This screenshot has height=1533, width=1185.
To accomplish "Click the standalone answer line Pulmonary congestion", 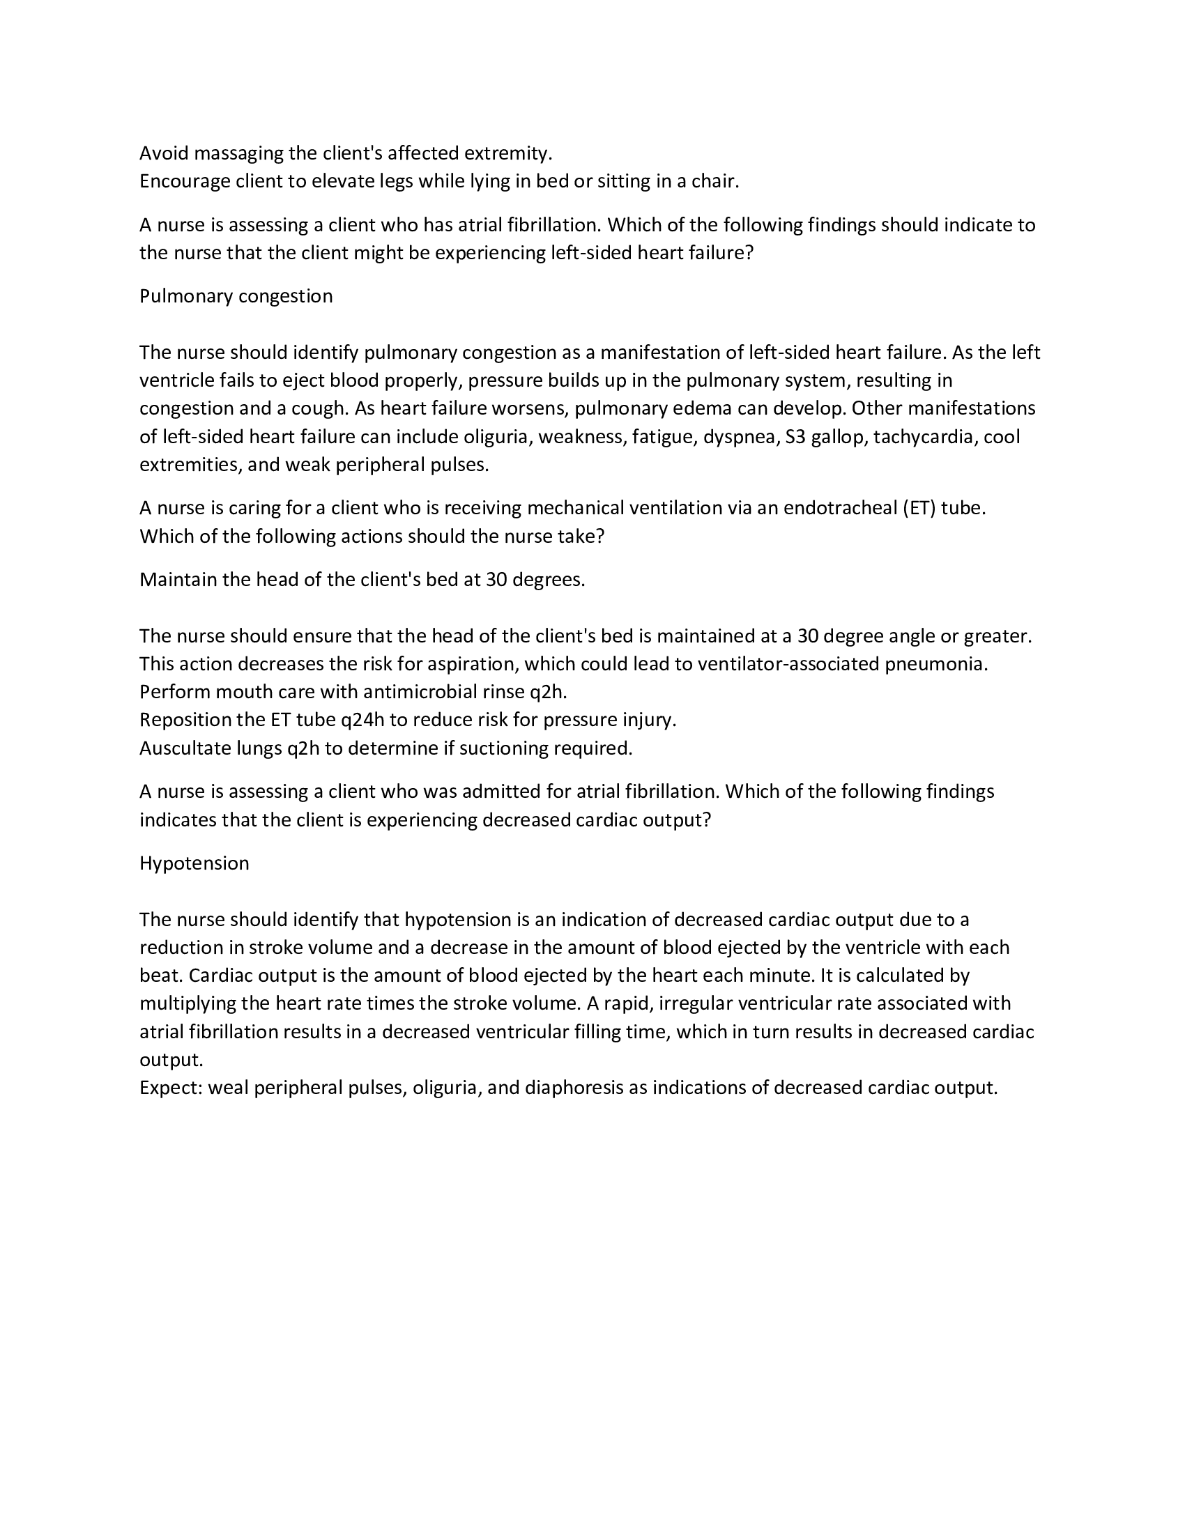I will (236, 296).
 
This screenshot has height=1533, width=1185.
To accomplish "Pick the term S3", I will (795, 437).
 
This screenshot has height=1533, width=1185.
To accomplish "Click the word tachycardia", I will (924, 437).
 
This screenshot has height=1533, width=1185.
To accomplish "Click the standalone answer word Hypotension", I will (194, 863).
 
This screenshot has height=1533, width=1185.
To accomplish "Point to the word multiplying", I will (188, 1003).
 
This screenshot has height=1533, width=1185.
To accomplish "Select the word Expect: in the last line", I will (171, 1087).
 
